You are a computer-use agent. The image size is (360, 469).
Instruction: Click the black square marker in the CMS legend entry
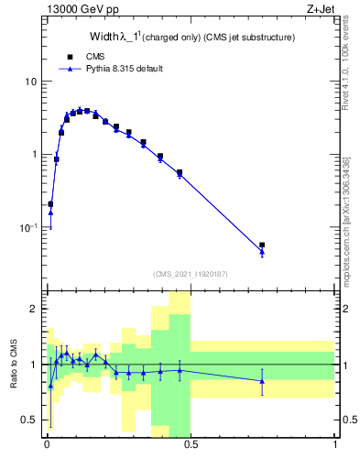point(70,57)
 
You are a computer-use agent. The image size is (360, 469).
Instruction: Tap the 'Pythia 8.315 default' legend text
point(124,69)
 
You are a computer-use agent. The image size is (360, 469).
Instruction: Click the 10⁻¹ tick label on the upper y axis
point(28,226)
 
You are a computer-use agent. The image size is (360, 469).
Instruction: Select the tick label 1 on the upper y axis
point(35,154)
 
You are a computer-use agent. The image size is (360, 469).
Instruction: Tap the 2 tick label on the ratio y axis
point(35,309)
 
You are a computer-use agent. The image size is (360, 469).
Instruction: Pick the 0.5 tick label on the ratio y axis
point(30,420)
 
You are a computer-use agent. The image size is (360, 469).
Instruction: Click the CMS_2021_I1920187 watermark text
point(191,274)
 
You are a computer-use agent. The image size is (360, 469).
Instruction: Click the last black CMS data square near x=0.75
point(262,245)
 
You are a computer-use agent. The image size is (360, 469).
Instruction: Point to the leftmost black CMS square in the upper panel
point(50,204)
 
